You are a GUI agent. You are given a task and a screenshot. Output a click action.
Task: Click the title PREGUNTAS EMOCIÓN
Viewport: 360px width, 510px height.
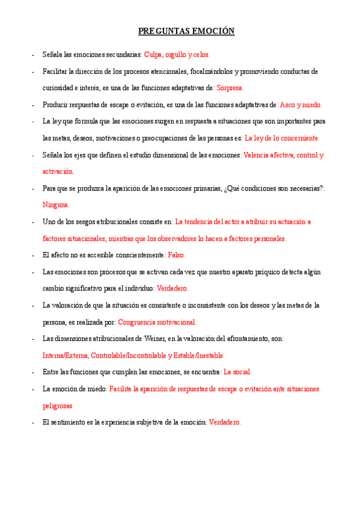186,31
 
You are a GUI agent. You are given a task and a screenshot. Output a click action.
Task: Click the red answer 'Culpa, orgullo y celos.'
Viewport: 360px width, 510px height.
177,55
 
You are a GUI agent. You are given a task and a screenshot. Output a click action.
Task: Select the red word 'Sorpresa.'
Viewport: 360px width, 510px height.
230,88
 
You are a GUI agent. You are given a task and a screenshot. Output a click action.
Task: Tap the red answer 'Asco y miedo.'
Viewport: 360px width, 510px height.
301,105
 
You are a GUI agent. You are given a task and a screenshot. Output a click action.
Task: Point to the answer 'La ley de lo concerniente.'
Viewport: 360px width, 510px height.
282,138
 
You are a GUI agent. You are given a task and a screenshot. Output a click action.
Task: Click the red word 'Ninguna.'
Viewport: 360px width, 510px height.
56,205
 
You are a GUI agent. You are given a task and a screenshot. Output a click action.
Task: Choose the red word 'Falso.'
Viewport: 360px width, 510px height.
177,255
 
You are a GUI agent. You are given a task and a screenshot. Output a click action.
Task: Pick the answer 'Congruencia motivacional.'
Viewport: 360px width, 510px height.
157,322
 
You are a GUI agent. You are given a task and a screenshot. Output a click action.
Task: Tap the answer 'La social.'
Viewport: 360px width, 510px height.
237,372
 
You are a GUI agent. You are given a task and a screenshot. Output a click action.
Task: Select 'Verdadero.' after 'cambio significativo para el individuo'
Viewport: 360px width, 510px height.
172,289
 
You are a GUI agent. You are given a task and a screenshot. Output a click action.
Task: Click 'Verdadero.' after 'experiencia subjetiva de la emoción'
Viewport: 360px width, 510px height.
225,422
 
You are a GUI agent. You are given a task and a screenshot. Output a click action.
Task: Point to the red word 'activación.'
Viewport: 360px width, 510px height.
58,171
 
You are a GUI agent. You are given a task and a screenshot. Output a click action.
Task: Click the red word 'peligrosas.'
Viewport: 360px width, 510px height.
58,406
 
